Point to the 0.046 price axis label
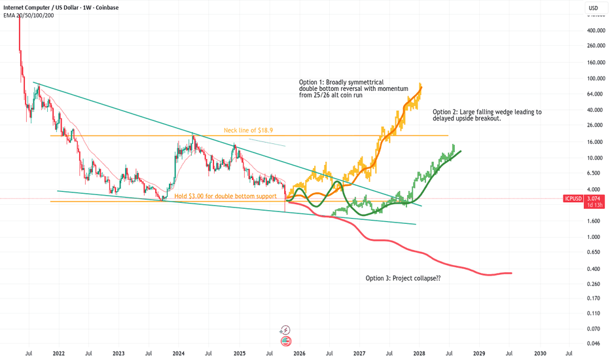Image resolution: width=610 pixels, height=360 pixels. click(x=594, y=344)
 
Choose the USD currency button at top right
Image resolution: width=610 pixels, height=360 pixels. click(x=592, y=8)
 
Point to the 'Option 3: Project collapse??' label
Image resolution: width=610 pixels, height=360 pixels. click(x=403, y=278)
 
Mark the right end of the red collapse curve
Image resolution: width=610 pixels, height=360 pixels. click(x=511, y=273)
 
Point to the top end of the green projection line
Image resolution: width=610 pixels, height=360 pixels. click(x=461, y=151)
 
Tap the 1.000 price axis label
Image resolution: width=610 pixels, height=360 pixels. click(x=594, y=237)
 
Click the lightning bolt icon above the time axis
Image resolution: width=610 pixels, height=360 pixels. click(x=285, y=331)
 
